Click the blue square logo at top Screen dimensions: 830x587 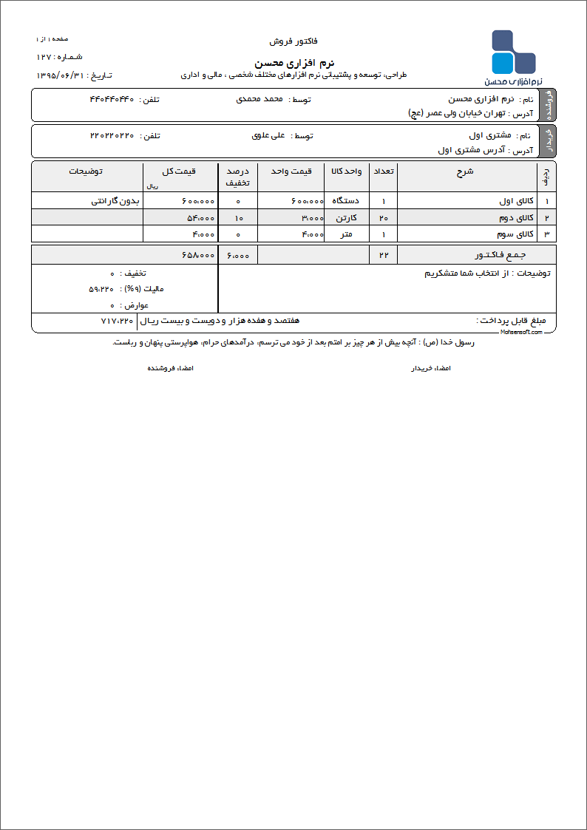tap(513, 52)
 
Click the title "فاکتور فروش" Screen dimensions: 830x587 tap(293, 41)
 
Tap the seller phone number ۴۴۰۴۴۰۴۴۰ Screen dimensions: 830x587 tap(112, 99)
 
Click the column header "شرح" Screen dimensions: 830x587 tap(466, 171)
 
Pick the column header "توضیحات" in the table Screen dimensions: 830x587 tap(86, 171)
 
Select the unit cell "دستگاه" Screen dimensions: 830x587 tap(347, 201)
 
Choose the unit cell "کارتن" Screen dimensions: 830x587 tap(352, 218)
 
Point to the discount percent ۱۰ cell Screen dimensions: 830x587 tap(238, 218)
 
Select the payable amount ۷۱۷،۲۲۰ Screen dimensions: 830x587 tap(117, 321)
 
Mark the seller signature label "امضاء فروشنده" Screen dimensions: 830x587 tap(170, 367)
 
